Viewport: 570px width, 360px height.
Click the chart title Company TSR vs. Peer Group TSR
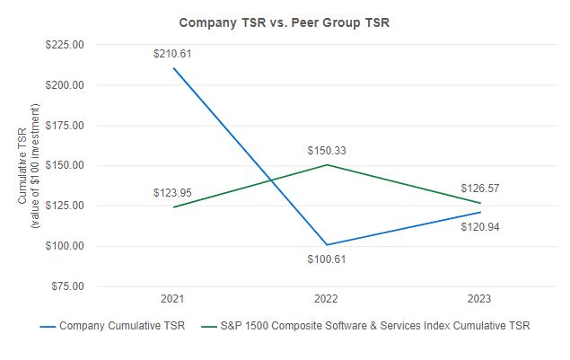coord(285,22)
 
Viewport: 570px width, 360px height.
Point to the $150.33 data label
coord(326,150)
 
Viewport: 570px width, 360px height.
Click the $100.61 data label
coord(326,259)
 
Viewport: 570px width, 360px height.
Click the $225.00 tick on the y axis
coord(65,45)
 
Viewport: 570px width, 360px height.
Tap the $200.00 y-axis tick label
coord(65,85)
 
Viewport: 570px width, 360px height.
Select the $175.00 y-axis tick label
coord(65,126)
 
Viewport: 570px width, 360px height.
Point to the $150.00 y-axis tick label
coord(65,166)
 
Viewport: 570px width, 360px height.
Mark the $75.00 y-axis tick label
coord(67,286)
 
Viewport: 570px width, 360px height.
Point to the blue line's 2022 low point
coord(326,245)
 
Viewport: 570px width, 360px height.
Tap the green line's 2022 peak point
coord(326,165)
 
